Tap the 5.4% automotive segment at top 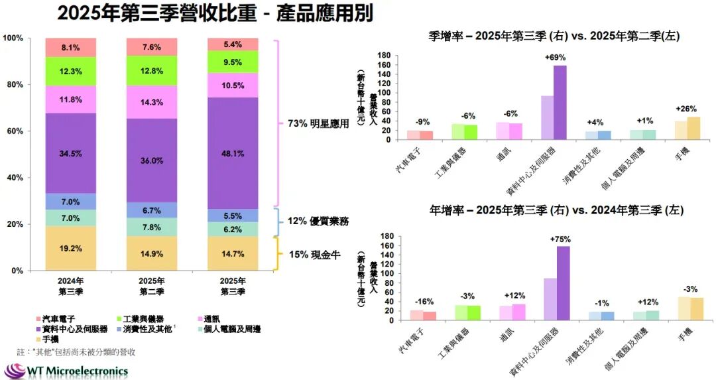233,44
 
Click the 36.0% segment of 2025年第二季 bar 152,160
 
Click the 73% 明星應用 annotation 318,123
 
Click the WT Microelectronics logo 66,370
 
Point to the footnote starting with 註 76,351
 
